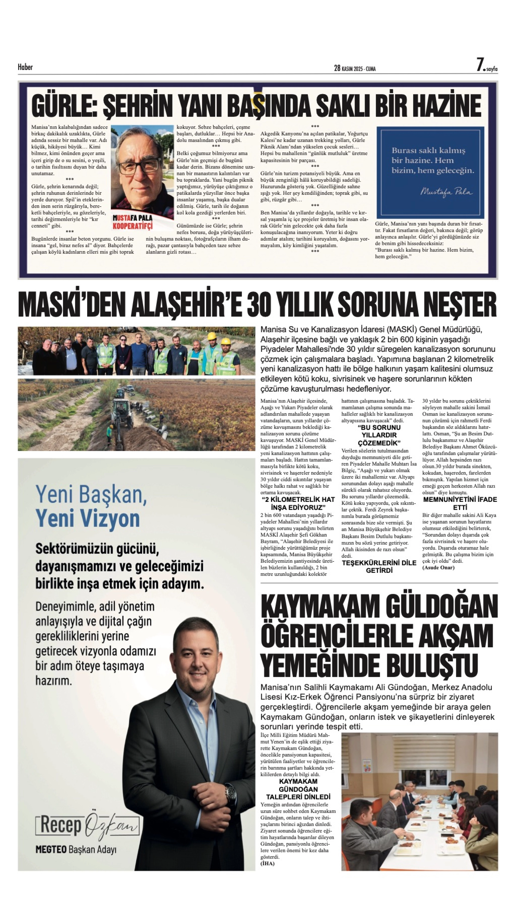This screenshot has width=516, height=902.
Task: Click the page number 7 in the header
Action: point(480,65)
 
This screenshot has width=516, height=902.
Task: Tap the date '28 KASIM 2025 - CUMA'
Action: point(355,68)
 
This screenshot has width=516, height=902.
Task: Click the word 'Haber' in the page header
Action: point(25,67)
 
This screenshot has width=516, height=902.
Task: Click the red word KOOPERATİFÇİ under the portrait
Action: point(133,226)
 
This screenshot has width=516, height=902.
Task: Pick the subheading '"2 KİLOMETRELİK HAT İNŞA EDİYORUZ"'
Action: point(298,503)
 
